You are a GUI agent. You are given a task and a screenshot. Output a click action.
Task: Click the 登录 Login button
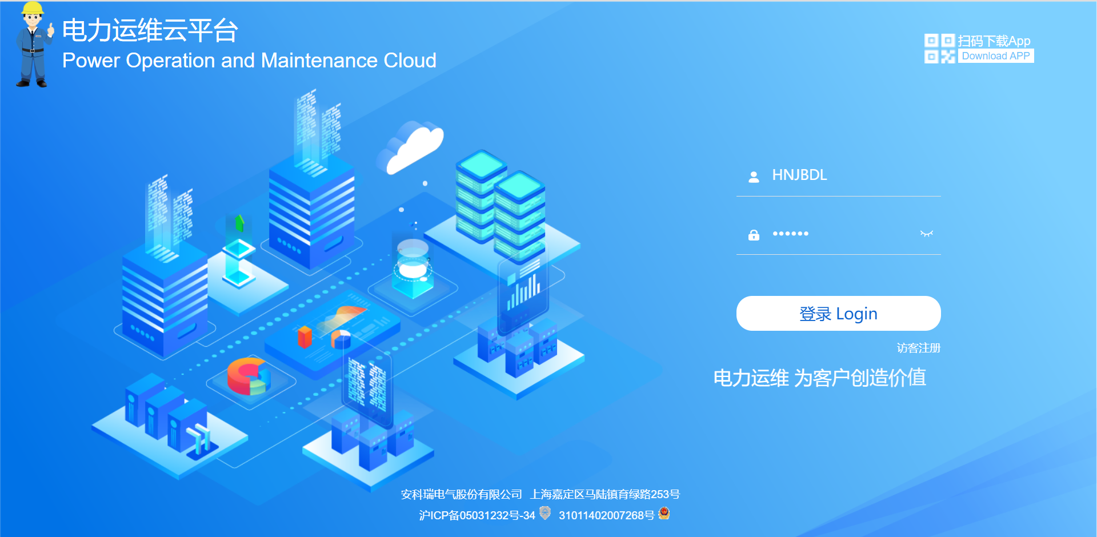click(x=838, y=314)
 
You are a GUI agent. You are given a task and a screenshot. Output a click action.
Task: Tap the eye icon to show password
click(x=926, y=234)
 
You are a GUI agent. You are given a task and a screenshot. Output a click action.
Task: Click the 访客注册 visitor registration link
click(x=918, y=348)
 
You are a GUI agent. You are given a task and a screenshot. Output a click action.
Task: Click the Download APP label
click(x=995, y=56)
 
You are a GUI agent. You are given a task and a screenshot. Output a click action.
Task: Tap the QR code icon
click(x=939, y=49)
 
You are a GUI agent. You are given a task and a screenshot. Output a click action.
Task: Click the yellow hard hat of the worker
click(x=32, y=8)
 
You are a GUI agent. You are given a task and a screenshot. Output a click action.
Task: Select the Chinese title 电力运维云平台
click(x=150, y=30)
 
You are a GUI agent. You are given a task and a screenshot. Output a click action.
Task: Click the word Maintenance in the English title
click(x=319, y=61)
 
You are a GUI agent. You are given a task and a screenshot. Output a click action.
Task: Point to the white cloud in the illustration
click(x=411, y=147)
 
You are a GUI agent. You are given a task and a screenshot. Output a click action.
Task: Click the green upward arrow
click(x=239, y=222)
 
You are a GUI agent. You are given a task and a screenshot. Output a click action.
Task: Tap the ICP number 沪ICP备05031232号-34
click(x=477, y=515)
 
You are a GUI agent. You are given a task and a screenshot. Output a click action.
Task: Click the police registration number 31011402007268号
click(x=606, y=515)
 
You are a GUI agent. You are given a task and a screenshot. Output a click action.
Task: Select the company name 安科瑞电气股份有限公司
click(x=461, y=494)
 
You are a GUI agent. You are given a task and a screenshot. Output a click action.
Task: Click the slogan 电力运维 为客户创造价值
click(x=819, y=378)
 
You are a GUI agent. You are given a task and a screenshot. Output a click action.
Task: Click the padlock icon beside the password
click(x=754, y=235)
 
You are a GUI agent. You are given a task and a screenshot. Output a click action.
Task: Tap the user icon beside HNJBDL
click(x=754, y=177)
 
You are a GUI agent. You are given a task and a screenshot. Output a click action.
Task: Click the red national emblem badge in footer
click(x=664, y=514)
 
